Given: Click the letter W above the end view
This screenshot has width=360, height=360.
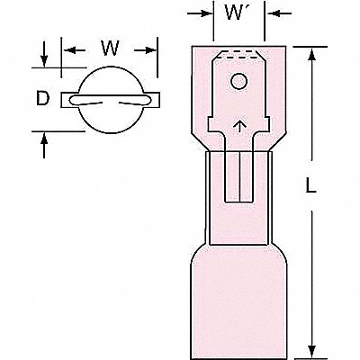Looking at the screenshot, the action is pos(111,48).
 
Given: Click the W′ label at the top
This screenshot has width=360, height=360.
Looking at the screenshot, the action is pos(237,13).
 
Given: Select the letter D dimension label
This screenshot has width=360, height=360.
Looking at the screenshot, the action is pos(42,98).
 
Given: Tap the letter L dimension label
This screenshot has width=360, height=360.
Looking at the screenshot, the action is pos(310,184).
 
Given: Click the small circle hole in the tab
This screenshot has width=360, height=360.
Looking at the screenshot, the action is pos(238,81).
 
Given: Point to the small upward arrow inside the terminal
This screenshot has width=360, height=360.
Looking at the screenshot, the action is pos(238,126).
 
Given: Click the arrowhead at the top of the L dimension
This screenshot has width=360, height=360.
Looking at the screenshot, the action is pos(312,56).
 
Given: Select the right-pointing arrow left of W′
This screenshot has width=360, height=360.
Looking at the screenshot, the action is pos(200,13).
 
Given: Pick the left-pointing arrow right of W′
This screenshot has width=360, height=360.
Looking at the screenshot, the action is pos(278,13).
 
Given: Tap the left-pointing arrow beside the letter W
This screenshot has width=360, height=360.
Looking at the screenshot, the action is pos(74,49).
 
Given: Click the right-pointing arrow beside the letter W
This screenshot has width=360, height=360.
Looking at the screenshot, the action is pos(145,50).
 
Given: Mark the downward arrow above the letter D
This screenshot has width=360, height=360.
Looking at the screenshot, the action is pos(44,55).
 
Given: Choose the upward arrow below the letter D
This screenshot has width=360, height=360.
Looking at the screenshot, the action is pos(44,146).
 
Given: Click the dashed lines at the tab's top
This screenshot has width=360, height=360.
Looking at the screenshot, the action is pos(238,54).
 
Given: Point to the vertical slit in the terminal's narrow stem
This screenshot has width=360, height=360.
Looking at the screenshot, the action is pos(239,176).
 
